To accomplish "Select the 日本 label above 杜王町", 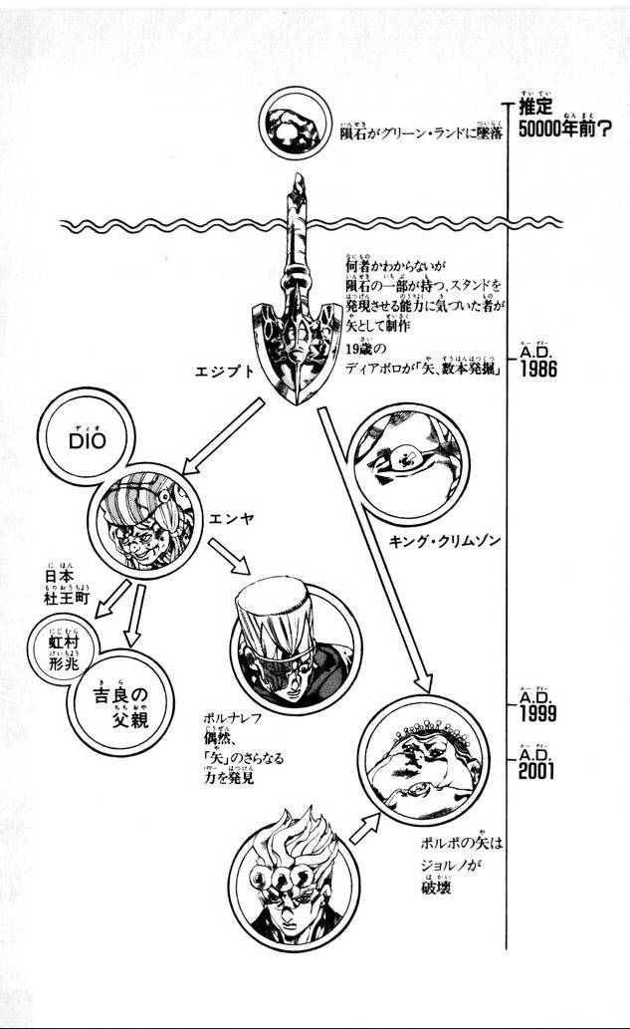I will pos(61,579).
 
